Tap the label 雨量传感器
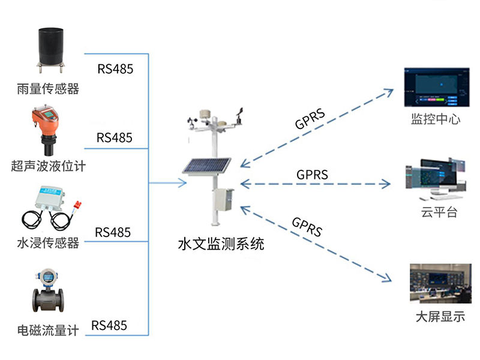[x=48, y=89]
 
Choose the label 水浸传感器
[x=48, y=244]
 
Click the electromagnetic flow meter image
[x=47, y=294]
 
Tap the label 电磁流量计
[x=48, y=331]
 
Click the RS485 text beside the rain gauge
[x=115, y=68]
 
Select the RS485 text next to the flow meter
[x=109, y=325]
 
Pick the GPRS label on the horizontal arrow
[x=312, y=175]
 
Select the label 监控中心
[x=436, y=119]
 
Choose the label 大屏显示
[x=440, y=317]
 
